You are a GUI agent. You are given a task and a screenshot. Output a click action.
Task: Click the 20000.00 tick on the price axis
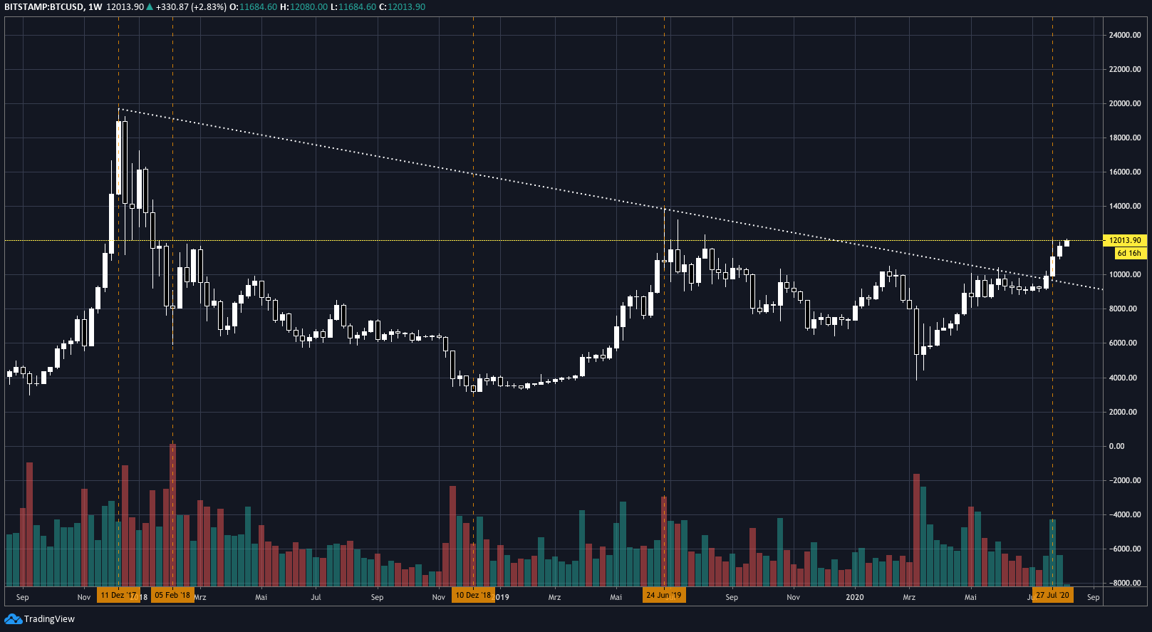pyautogui.click(x=1124, y=103)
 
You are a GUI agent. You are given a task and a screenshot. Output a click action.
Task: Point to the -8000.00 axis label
pyautogui.click(x=1124, y=583)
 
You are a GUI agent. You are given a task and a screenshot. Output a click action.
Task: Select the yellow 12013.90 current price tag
pyautogui.click(x=1124, y=240)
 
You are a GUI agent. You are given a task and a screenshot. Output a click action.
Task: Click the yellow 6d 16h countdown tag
pyautogui.click(x=1129, y=253)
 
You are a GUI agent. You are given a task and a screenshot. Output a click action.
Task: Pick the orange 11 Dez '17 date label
pyautogui.click(x=118, y=595)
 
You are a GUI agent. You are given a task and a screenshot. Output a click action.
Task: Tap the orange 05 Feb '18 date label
pyautogui.click(x=172, y=595)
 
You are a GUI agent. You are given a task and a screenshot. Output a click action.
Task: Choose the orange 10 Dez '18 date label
pyautogui.click(x=473, y=595)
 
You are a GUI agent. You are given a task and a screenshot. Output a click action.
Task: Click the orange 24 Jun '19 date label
pyautogui.click(x=664, y=595)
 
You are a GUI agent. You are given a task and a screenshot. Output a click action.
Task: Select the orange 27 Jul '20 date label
pyautogui.click(x=1052, y=595)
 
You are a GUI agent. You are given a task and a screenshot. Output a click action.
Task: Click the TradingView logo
pyautogui.click(x=40, y=618)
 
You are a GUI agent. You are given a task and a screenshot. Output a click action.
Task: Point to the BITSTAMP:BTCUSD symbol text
pyautogui.click(x=43, y=7)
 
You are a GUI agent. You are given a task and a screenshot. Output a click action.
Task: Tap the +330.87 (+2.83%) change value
pyautogui.click(x=191, y=7)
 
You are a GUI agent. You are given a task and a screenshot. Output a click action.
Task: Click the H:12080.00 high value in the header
pyautogui.click(x=303, y=7)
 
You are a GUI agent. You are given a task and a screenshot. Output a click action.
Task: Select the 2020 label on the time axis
pyautogui.click(x=854, y=597)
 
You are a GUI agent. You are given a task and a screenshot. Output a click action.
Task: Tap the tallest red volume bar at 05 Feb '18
pyautogui.click(x=172, y=513)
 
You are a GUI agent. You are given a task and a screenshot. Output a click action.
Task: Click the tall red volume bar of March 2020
pyautogui.click(x=916, y=529)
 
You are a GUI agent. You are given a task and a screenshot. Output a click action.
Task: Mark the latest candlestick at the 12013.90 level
pyautogui.click(x=1067, y=243)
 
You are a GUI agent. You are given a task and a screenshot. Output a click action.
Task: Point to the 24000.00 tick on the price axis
pyautogui.click(x=1124, y=35)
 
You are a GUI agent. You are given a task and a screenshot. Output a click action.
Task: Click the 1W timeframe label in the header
pyautogui.click(x=95, y=7)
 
